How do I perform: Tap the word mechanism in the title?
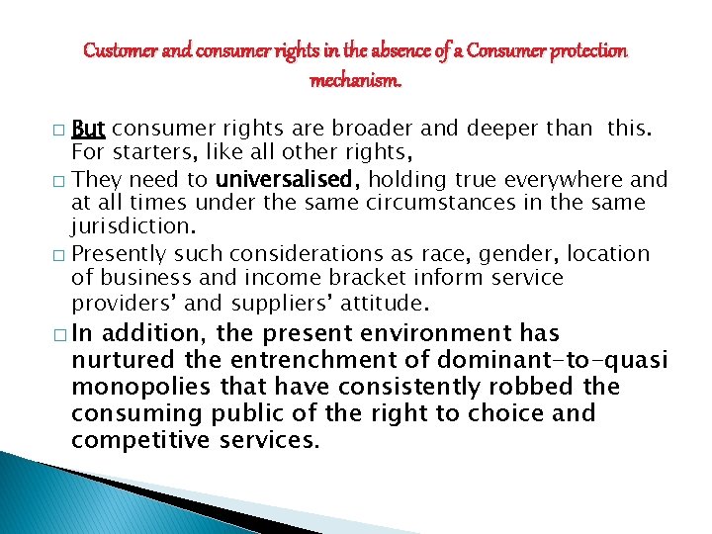(x=355, y=80)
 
